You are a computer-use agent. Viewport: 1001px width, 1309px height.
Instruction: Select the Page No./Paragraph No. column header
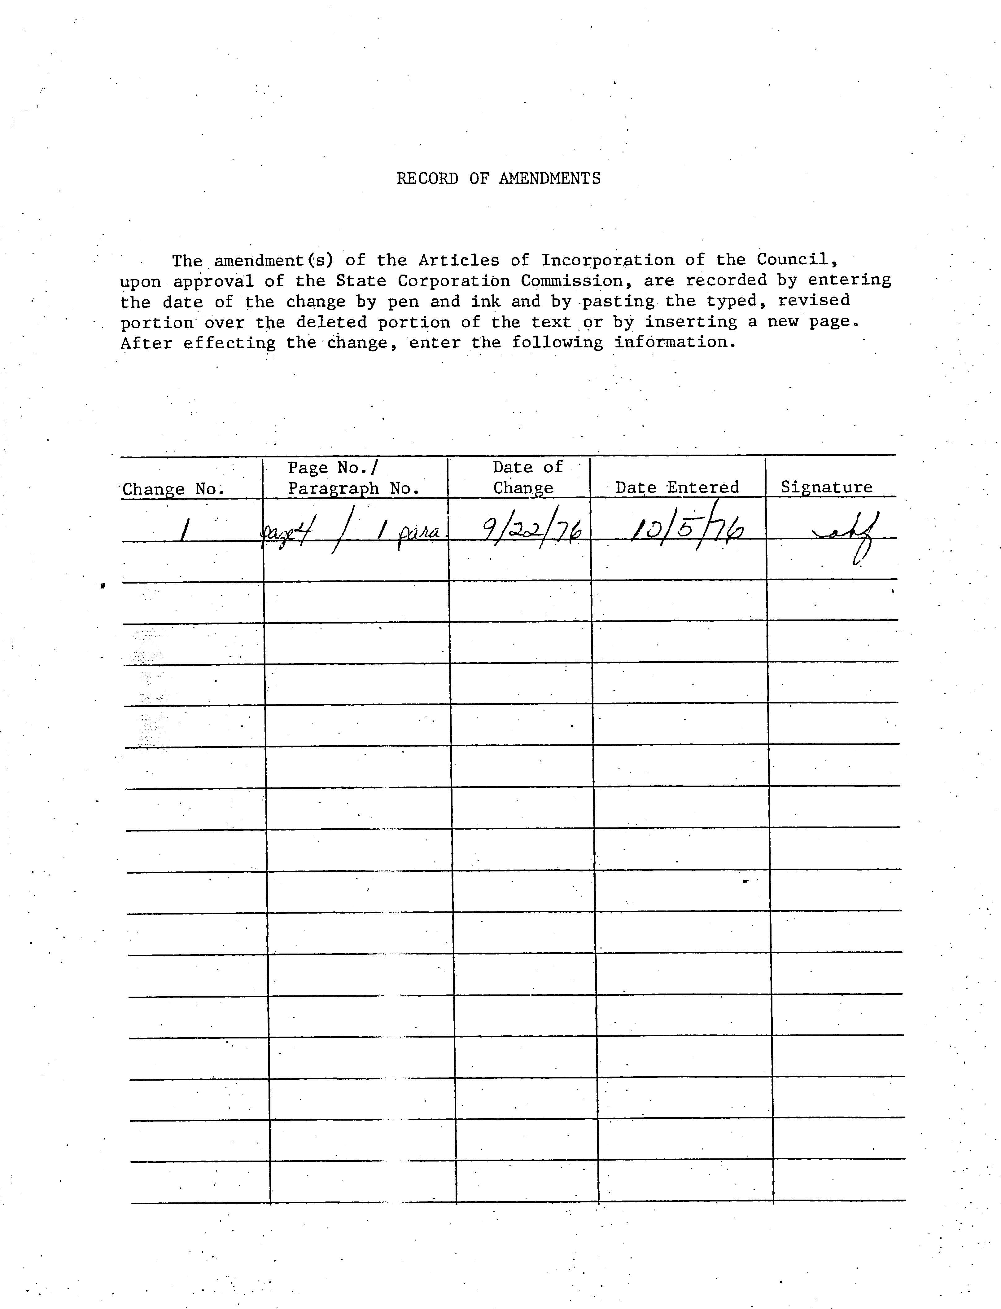pyautogui.click(x=354, y=478)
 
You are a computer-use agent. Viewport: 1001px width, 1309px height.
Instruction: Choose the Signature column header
pyautogui.click(x=826, y=487)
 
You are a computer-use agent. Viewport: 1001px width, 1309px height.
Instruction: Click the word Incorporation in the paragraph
pyautogui.click(x=607, y=261)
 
